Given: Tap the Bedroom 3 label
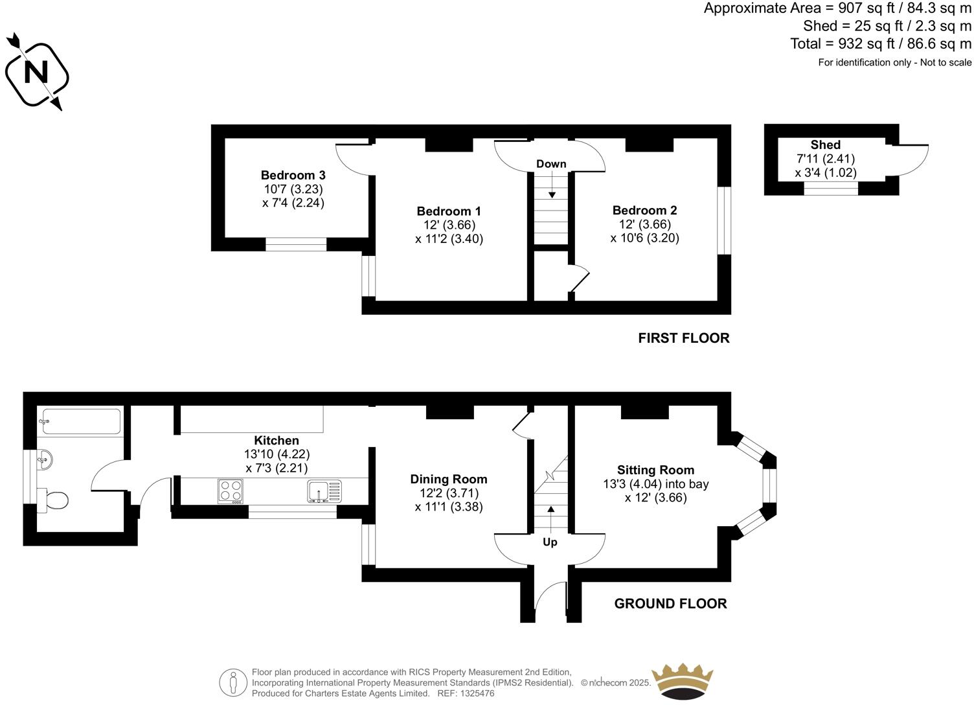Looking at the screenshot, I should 293,175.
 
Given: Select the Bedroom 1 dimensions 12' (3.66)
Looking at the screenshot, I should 449,225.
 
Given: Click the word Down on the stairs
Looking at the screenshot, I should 551,164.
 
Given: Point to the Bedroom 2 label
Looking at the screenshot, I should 644,210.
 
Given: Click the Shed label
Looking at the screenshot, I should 825,144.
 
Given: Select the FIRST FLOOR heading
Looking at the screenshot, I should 683,338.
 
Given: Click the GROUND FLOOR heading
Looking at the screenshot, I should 670,603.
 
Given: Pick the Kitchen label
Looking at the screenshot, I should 277,441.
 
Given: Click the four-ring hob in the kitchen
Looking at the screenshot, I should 231,491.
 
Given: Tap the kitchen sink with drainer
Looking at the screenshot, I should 324,491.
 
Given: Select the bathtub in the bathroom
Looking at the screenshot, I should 80,421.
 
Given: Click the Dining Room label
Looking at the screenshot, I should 448,479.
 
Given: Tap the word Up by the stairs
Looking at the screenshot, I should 550,542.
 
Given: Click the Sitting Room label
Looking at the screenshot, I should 655,470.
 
